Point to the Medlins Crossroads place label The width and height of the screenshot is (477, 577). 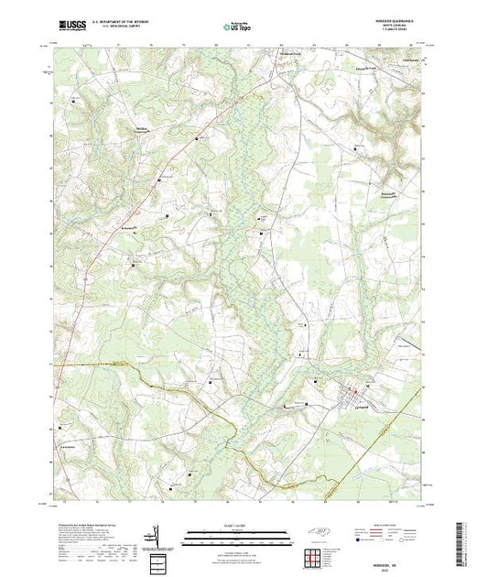[x=143, y=128]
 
